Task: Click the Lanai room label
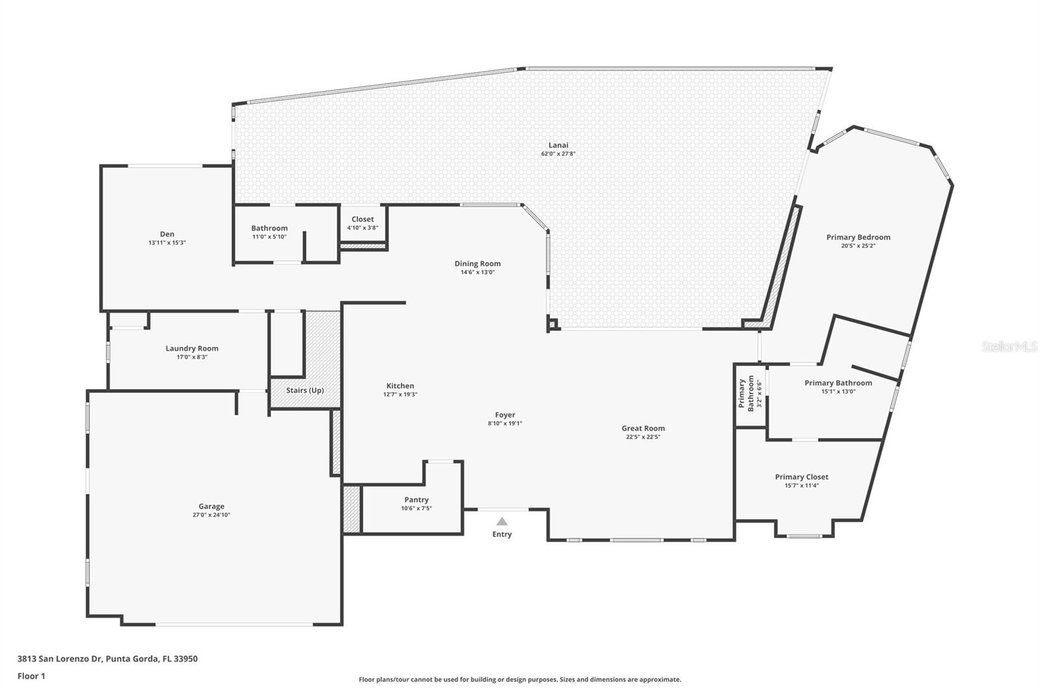click(x=558, y=145)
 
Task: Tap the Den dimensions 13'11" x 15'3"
click(x=167, y=242)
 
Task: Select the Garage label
click(x=211, y=506)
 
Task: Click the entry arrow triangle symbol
click(x=502, y=521)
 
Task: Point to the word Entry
click(x=502, y=534)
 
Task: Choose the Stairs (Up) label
click(x=305, y=390)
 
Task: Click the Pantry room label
click(x=416, y=499)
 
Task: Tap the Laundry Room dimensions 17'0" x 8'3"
click(x=192, y=357)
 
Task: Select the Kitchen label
click(x=400, y=386)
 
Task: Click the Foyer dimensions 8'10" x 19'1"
click(x=505, y=423)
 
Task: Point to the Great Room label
click(x=643, y=428)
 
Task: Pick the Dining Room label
click(x=477, y=263)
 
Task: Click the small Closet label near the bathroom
click(x=363, y=219)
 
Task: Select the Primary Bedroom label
click(x=858, y=237)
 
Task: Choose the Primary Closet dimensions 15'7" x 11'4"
click(x=801, y=485)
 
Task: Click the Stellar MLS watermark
click(x=1009, y=347)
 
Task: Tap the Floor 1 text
click(x=31, y=676)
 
